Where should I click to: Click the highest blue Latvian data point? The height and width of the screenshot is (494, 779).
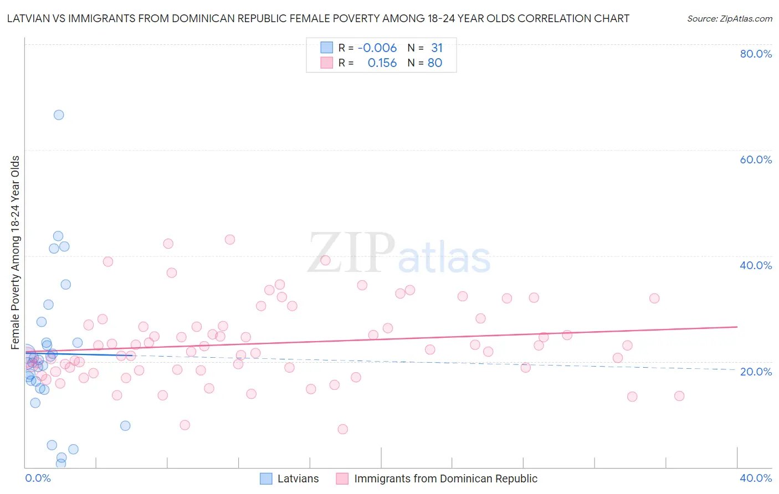click(x=59, y=115)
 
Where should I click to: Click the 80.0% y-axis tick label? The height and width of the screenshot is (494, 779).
click(x=756, y=54)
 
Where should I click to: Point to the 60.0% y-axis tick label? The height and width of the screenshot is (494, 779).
click(x=756, y=159)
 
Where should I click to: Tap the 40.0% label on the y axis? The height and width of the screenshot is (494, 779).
click(x=756, y=265)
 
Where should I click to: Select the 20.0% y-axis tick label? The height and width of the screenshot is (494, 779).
click(x=756, y=371)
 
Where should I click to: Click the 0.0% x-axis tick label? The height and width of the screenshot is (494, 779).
click(x=38, y=478)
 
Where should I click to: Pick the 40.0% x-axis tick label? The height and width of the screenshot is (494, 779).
click(x=756, y=478)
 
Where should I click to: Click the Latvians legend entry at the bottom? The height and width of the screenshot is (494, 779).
click(x=298, y=478)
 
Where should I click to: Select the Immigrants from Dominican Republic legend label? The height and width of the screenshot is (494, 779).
click(x=445, y=478)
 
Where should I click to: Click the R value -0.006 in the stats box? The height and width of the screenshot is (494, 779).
click(x=377, y=48)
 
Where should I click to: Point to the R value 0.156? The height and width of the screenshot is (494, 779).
click(x=382, y=63)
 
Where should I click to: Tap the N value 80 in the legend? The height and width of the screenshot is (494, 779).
click(x=435, y=63)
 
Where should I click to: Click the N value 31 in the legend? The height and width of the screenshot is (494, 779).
click(x=437, y=48)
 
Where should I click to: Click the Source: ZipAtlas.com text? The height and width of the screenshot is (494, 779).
click(x=729, y=19)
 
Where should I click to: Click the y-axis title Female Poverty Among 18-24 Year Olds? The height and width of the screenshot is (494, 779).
click(x=16, y=253)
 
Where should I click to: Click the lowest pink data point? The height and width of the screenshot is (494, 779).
click(x=343, y=429)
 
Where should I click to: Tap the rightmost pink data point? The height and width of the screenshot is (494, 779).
click(x=679, y=396)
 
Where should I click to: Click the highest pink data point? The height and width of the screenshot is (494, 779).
click(x=230, y=240)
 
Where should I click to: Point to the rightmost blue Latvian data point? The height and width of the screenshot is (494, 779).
click(x=125, y=426)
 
